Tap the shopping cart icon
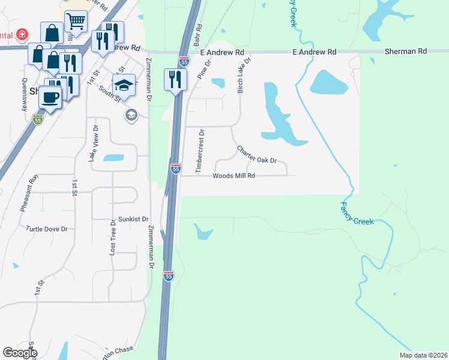coord(76,22)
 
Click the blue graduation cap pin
coord(124,85)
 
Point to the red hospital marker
coord(23,34)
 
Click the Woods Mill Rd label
coord(234,176)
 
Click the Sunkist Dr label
coord(133,219)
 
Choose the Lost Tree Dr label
coord(112,238)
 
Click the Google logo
coord(20,353)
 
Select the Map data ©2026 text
coord(423,355)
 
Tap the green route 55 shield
coord(37,120)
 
